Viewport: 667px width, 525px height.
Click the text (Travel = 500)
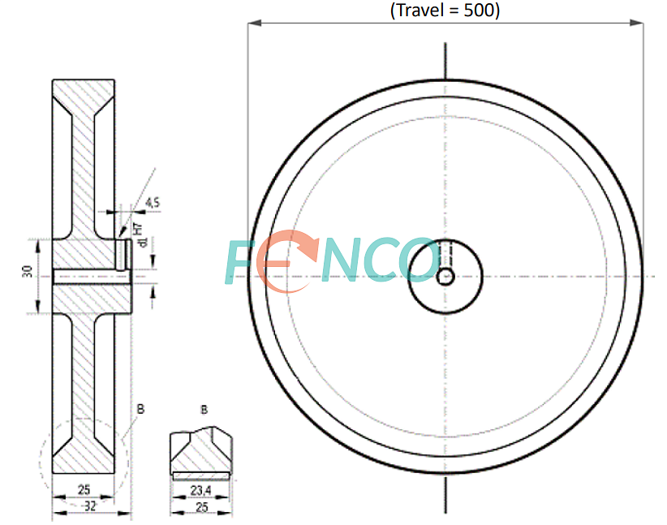[x=445, y=11]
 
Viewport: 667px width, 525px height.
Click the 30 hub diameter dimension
[x=28, y=272]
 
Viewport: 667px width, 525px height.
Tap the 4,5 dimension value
[x=153, y=203]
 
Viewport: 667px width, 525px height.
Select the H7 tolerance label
[x=138, y=229]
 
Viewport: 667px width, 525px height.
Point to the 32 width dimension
[x=90, y=506]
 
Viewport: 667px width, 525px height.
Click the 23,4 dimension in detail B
[x=200, y=491]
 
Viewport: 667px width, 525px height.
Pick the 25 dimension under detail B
[x=201, y=507]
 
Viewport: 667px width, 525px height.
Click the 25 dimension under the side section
[x=84, y=489]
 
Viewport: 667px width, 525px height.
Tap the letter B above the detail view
[x=204, y=410]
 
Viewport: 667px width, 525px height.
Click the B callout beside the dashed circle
[x=141, y=409]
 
